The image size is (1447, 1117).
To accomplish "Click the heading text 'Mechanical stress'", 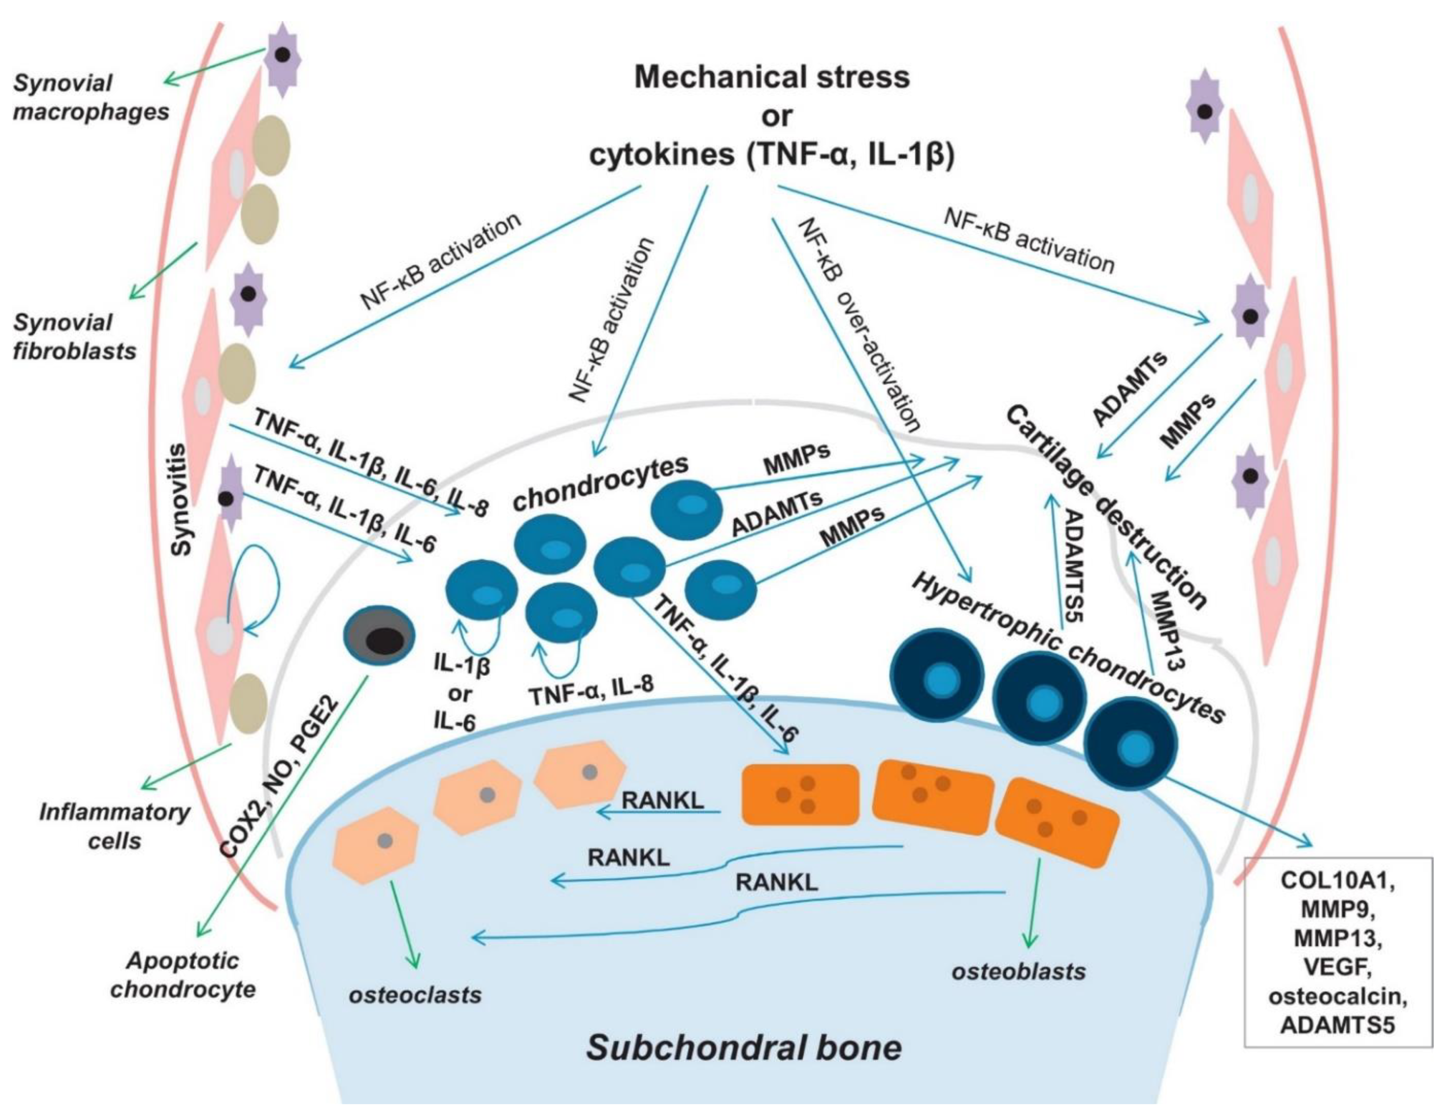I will pyautogui.click(x=772, y=77).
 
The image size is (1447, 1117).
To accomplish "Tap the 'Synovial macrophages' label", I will pyautogui.click(x=91, y=97).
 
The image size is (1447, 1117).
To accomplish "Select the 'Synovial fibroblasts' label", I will pyautogui.click(x=74, y=336).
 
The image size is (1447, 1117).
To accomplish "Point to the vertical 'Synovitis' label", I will pyautogui.click(x=181, y=500).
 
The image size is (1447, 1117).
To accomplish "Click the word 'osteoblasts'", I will pyautogui.click(x=1019, y=971).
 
